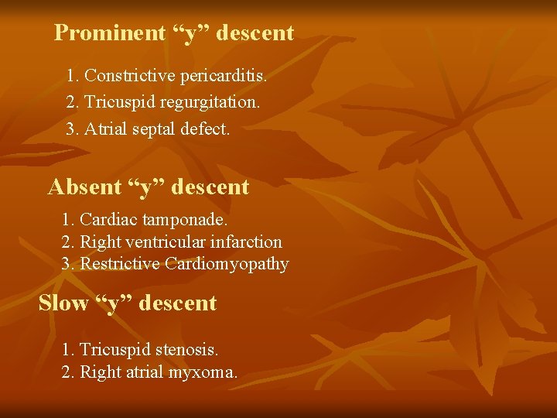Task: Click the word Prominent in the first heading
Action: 110,33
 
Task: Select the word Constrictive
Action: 129,76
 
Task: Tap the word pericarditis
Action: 224,76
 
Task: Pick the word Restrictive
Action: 120,264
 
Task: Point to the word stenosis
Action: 186,349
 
